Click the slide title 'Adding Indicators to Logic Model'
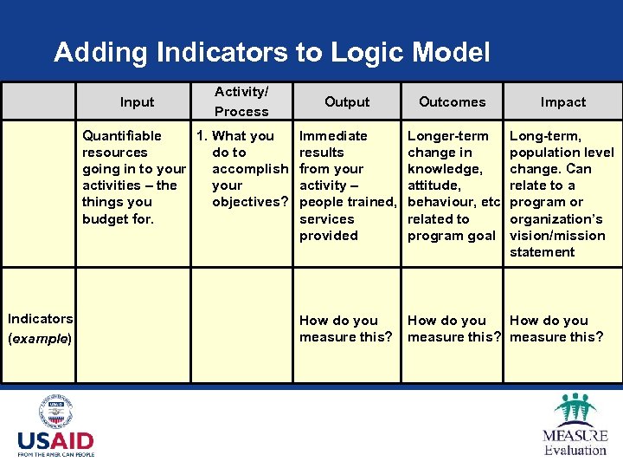coord(272,53)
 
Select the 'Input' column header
coord(137,101)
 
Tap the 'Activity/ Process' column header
coord(241,101)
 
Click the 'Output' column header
coord(347,101)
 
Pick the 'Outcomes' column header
coord(452,101)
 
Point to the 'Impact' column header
coord(563,101)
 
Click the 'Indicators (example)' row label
coord(40,328)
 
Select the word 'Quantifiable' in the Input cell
coord(121,135)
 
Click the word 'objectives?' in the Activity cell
coord(251,202)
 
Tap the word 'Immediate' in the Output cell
coord(333,135)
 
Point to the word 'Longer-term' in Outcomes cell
coord(447,135)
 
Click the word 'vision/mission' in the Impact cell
coord(557,235)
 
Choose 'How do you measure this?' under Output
coord(345,328)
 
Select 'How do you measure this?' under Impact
coord(556,328)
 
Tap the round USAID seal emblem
coord(56,412)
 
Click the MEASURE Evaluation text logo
coord(575,442)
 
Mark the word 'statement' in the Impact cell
coord(542,252)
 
